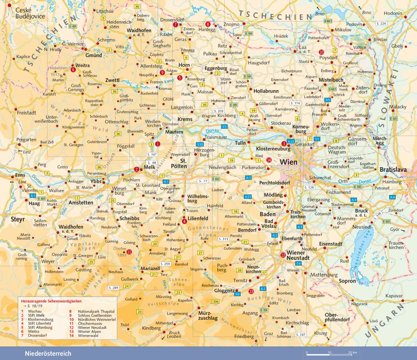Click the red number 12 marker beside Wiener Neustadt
(x=283, y=255)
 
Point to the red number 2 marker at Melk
(x=136, y=169)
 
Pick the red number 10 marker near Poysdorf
(x=321, y=52)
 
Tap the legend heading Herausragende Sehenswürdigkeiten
(x=51, y=300)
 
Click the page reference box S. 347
(x=300, y=335)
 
